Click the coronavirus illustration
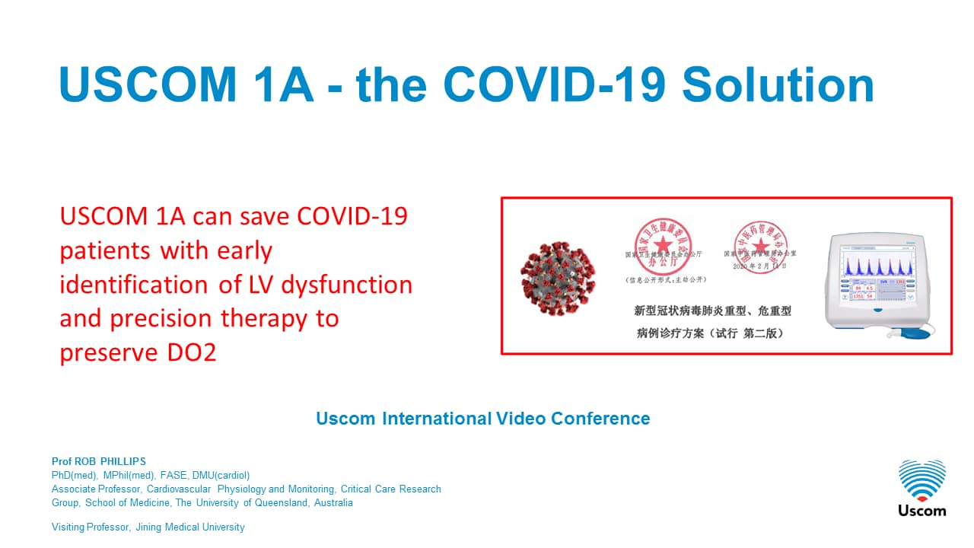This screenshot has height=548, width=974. (x=557, y=277)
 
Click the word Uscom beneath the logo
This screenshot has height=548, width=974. (x=921, y=510)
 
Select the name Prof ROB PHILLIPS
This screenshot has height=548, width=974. (x=98, y=461)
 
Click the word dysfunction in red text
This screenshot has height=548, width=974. (x=347, y=285)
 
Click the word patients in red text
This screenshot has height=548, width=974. (x=106, y=250)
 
